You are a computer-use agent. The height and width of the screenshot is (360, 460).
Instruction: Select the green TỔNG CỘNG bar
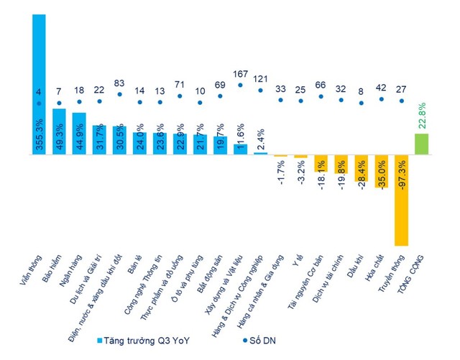coord(422,144)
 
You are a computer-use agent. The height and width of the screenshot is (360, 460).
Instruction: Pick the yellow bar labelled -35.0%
coord(381,172)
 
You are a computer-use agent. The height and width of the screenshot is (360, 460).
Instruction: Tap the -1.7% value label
coord(281,175)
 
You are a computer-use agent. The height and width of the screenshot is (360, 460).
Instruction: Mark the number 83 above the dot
coord(119,83)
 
